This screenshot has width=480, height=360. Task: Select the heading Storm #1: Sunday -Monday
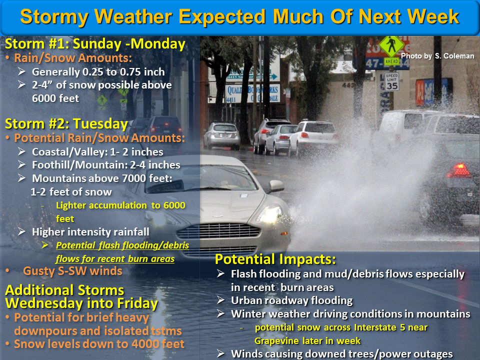click(x=95, y=44)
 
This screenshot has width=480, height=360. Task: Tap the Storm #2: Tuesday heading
click(x=66, y=124)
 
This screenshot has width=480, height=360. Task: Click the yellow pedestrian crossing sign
click(x=391, y=46)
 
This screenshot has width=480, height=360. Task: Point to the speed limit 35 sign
click(x=391, y=81)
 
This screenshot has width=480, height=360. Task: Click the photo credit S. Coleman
click(x=437, y=56)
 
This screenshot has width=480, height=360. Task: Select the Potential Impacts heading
click(x=275, y=259)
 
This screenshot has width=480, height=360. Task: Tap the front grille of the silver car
click(x=218, y=231)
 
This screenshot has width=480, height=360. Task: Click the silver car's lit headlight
click(x=269, y=215)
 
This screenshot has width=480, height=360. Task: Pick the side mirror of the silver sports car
click(x=275, y=186)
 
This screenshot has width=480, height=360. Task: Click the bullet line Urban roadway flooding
click(x=291, y=300)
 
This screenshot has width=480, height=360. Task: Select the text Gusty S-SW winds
click(x=72, y=271)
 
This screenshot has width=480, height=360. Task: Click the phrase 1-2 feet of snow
click(x=71, y=191)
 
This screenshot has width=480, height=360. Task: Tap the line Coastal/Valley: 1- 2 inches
click(x=97, y=151)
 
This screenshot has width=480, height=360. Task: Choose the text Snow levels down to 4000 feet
click(x=99, y=344)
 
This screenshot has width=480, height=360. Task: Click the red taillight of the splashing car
click(x=458, y=171)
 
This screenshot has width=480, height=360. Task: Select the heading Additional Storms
click(x=64, y=290)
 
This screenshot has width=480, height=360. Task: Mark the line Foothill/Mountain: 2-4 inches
click(x=106, y=164)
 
